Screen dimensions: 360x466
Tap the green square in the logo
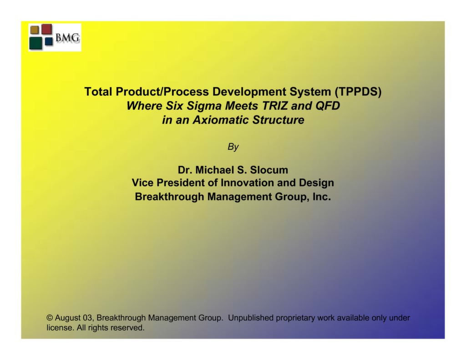point(35,43)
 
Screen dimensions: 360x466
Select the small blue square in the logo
point(49,41)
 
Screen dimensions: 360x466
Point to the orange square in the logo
point(35,30)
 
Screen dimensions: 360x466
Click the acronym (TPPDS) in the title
point(358,92)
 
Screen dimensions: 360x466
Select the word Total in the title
point(98,92)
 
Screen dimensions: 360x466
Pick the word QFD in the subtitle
point(327,106)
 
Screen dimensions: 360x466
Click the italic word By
point(233,147)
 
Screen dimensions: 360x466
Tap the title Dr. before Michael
point(184,170)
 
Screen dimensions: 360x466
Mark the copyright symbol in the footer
point(50,318)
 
